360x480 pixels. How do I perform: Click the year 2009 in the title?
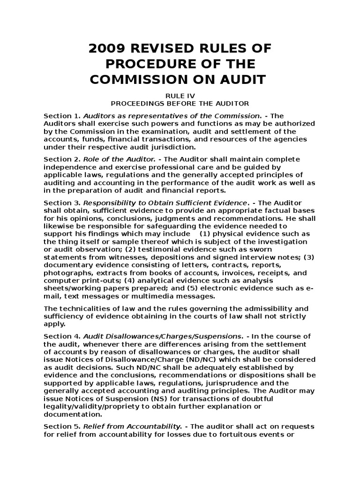(105, 49)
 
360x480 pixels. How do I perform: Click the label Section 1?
(62, 116)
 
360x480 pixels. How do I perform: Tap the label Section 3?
(62, 203)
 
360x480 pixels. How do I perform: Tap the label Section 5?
(62, 426)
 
